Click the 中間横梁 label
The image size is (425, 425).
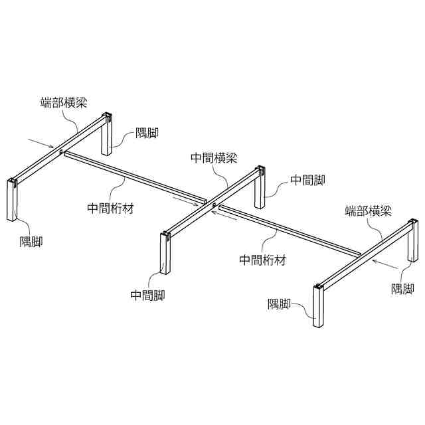point(214,158)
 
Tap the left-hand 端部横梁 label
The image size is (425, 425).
point(64,102)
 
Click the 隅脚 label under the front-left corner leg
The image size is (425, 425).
point(31,242)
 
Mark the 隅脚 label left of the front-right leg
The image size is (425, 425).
point(280,304)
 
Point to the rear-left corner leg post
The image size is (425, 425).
point(106,135)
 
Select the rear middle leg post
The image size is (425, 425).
point(259,186)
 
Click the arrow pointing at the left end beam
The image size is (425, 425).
point(41,143)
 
